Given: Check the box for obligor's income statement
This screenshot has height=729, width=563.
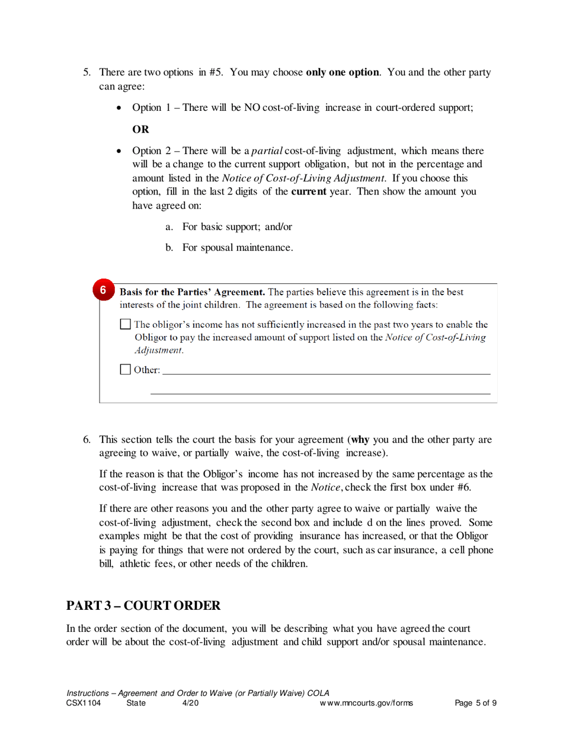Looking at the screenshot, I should [126, 325].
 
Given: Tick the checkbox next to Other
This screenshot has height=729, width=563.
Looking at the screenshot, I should [126, 370].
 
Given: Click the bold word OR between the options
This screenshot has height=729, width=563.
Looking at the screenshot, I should [140, 129].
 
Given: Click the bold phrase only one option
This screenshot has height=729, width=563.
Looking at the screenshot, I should [342, 73].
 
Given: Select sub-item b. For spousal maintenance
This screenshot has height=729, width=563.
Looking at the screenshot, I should [229, 247].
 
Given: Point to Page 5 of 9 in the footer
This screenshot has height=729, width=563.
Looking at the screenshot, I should [476, 704].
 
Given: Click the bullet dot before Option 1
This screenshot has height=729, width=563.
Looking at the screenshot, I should [120, 108].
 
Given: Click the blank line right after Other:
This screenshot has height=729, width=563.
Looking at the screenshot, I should [326, 371].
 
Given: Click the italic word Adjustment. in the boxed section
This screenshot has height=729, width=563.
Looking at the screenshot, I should [159, 350].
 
